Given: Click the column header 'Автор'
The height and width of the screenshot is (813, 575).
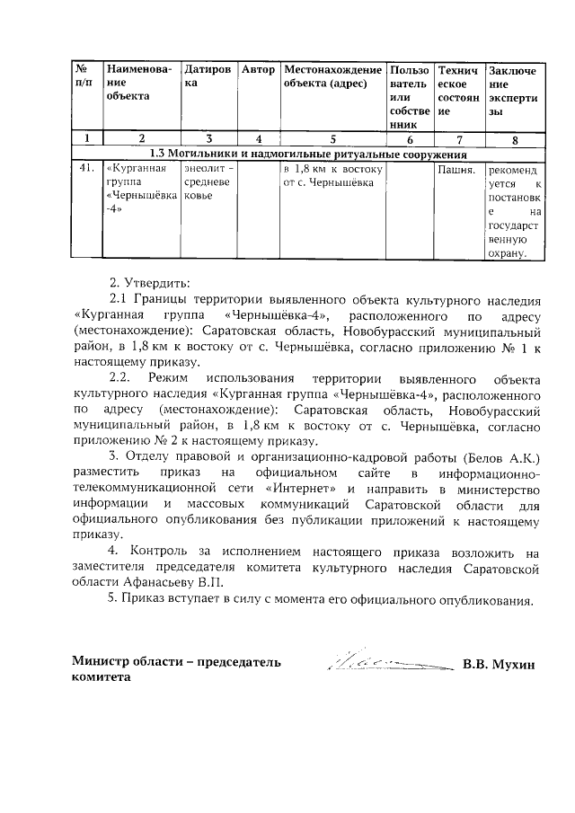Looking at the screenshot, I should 259,69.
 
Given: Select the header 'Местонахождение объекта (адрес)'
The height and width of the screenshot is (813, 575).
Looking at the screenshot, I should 332,76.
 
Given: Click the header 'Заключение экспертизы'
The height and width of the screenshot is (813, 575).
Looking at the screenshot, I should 513,91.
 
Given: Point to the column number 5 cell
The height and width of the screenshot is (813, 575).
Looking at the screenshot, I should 332,139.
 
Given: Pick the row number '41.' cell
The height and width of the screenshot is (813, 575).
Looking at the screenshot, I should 87,168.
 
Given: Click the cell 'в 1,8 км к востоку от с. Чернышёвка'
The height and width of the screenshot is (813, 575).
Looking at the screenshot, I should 332,175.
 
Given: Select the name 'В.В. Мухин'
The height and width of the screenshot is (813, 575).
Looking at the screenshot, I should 499,665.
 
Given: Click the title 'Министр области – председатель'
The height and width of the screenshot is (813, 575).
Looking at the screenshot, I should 176,663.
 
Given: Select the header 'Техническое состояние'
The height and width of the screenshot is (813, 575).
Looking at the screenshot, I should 457,91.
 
